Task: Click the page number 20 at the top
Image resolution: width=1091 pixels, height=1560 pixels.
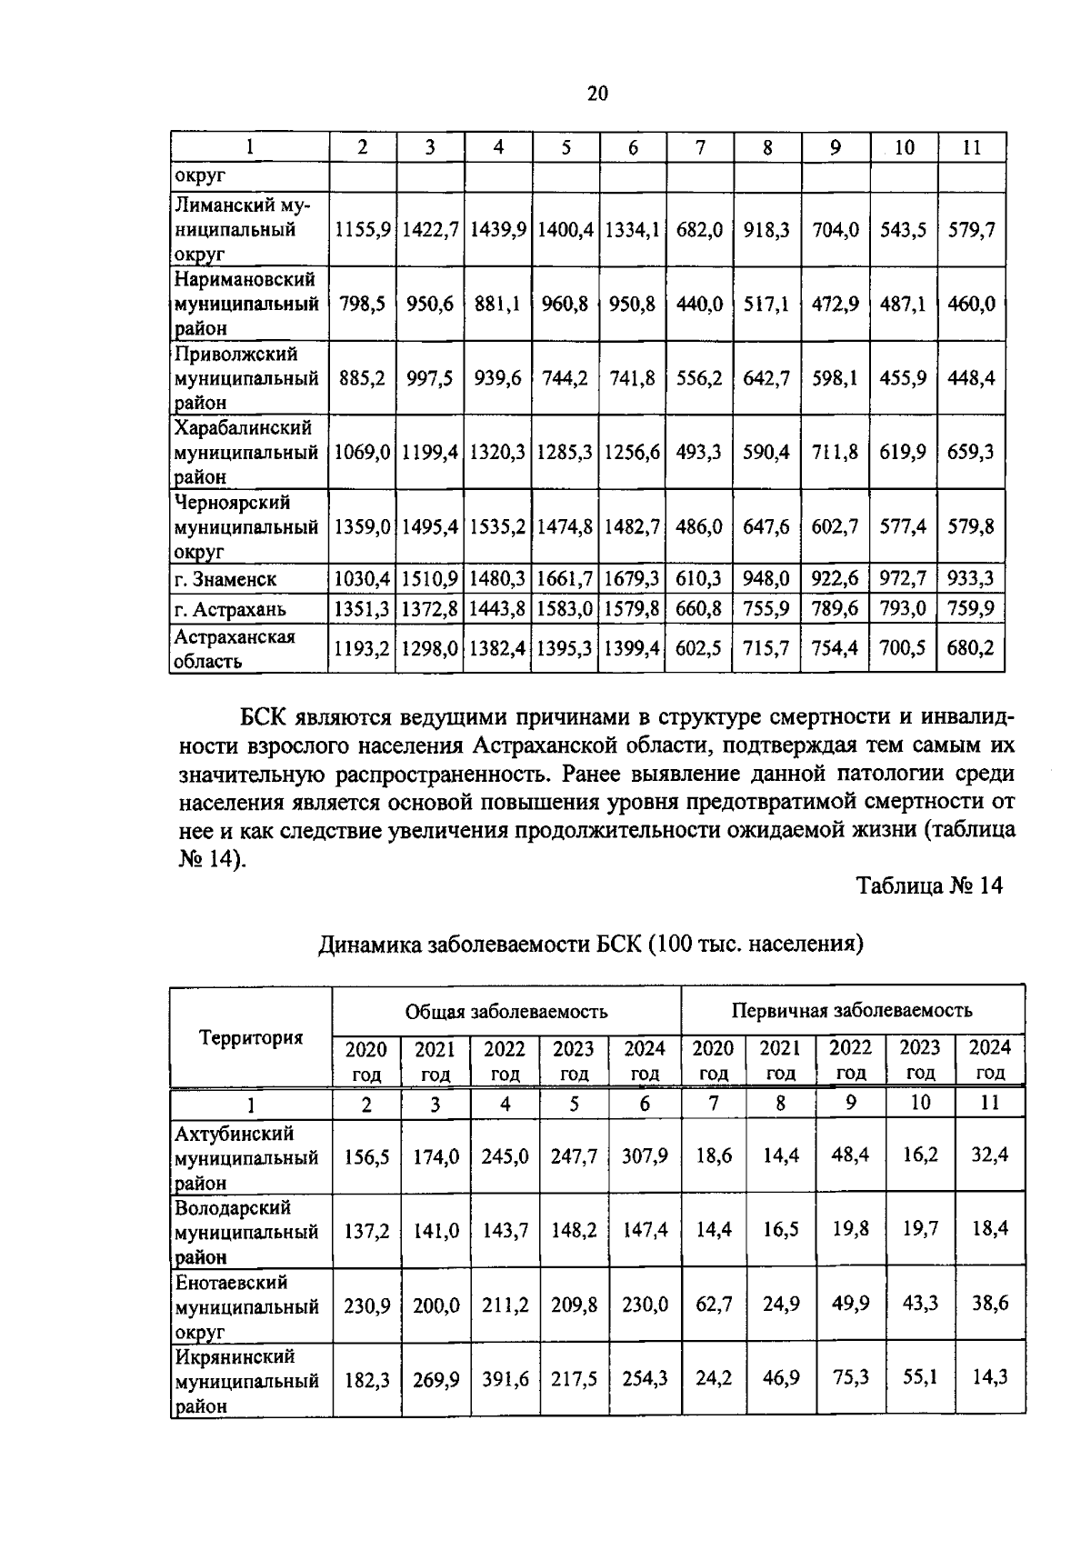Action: pos(597,94)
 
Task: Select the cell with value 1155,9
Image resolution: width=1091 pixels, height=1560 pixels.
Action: pos(363,230)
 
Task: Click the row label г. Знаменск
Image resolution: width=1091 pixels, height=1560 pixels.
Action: pos(225,579)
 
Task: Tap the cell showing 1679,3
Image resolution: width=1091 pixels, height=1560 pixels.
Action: pos(632,579)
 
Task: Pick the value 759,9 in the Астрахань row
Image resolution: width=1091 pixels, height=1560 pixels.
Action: pos(971,608)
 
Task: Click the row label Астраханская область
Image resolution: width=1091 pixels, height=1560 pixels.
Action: pos(235,648)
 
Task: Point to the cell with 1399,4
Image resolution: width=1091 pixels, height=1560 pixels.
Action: pos(632,648)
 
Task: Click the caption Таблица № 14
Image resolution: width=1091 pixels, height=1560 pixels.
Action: pos(929,885)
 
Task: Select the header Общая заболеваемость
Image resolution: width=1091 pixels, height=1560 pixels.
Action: pos(506,1011)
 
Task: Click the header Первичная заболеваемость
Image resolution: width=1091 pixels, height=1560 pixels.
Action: pos(852,1010)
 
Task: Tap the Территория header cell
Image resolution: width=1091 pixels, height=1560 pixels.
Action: pos(251,1037)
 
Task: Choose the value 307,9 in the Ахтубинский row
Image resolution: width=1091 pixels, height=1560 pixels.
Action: pos(645,1156)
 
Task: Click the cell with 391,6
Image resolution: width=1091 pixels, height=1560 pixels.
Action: pos(505,1379)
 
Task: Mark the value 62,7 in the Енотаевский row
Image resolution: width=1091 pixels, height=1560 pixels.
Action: pos(714,1305)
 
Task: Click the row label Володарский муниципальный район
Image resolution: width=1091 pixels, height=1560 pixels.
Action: pos(245,1232)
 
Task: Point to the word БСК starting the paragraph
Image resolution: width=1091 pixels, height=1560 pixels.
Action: pos(265,718)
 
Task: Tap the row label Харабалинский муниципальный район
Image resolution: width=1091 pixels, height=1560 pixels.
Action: pos(245,452)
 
